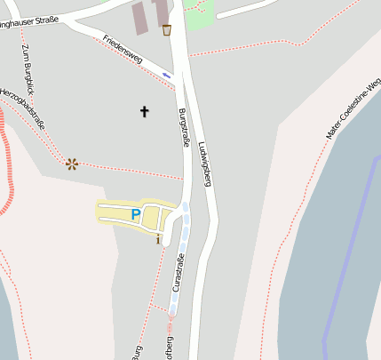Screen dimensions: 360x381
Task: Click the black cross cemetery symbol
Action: (145, 111)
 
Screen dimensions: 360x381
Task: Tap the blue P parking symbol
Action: (135, 214)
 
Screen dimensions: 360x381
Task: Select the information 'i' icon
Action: (158, 238)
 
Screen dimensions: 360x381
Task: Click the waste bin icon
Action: (167, 30)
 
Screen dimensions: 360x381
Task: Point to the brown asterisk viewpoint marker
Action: (71, 163)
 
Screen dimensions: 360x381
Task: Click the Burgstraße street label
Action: (185, 127)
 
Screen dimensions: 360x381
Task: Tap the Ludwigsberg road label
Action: (206, 164)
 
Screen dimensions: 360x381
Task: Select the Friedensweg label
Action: (123, 48)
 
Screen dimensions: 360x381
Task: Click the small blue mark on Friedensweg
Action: (166, 75)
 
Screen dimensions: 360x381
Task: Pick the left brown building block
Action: (141, 16)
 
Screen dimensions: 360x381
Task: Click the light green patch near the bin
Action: (200, 16)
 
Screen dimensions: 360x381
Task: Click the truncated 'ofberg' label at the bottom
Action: (169, 348)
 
